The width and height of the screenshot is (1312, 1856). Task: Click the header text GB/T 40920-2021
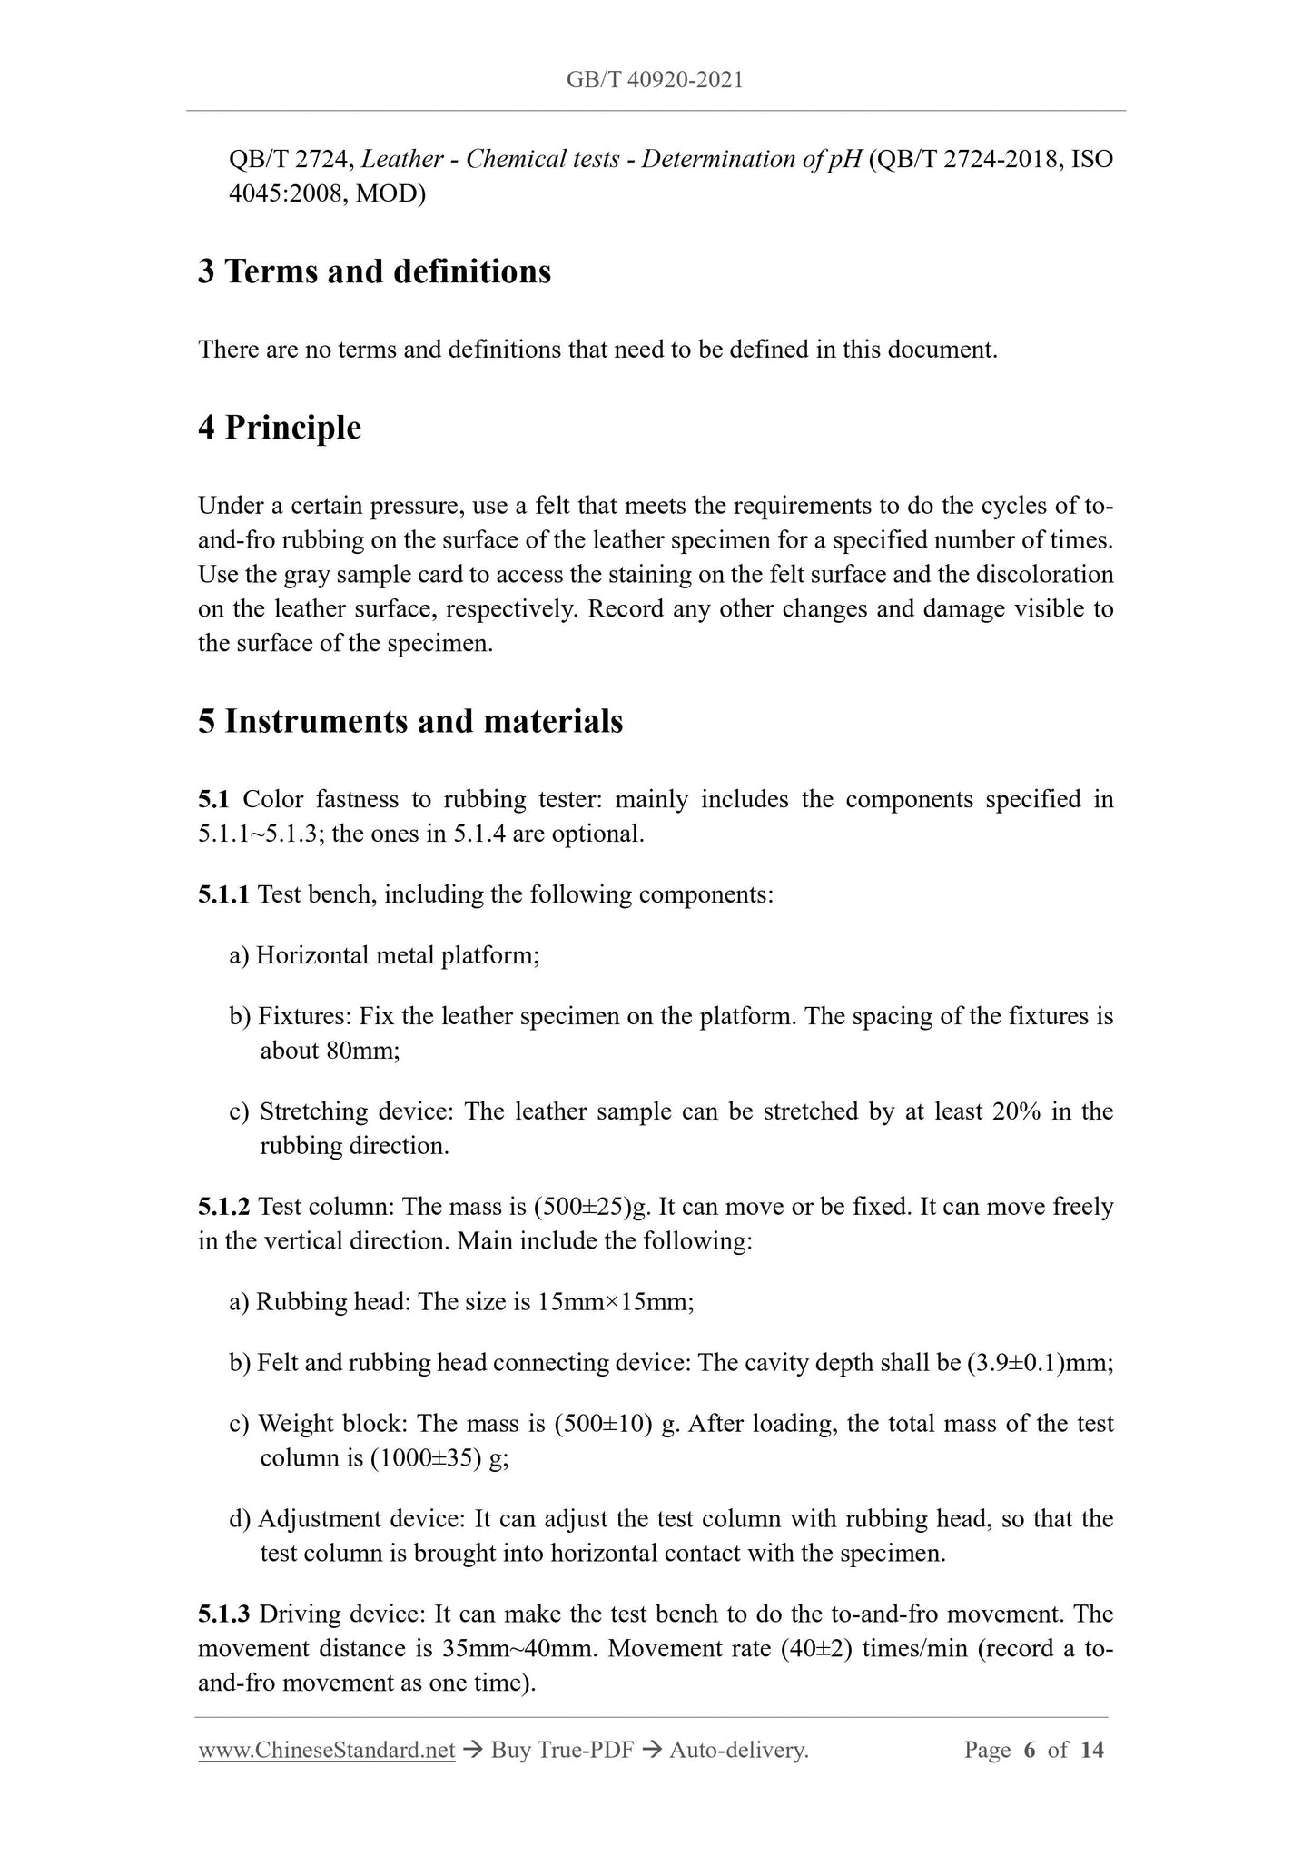[x=655, y=80]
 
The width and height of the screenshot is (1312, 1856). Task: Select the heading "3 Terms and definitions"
[x=374, y=271]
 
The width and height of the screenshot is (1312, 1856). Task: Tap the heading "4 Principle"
[x=280, y=428]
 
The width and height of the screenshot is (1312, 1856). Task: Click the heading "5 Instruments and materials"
[x=410, y=721]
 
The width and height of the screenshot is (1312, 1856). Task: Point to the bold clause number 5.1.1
[x=223, y=894]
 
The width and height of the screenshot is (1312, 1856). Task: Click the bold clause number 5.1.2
[x=223, y=1207]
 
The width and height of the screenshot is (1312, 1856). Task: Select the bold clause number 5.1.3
[x=223, y=1614]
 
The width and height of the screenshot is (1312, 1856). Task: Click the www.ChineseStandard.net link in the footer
[x=326, y=1751]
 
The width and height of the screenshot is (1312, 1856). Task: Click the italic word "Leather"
[x=401, y=160]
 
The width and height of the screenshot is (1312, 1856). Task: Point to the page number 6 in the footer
[x=1029, y=1751]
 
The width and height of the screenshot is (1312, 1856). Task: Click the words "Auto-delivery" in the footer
[x=736, y=1751]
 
